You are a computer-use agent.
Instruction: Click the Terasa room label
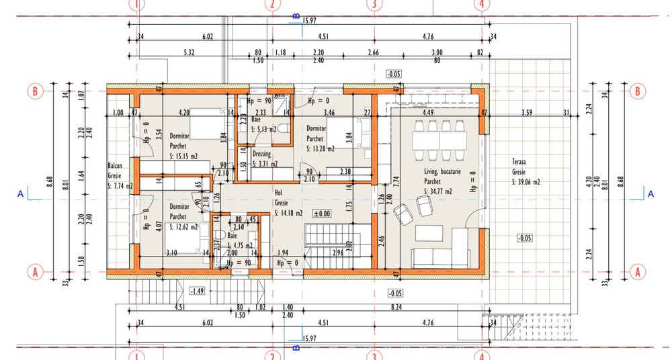(521, 162)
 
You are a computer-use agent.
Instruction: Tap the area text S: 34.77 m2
(437, 190)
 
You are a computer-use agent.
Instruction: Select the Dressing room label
(261, 154)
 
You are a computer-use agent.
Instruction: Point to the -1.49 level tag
(197, 291)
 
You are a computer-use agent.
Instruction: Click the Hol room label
(279, 191)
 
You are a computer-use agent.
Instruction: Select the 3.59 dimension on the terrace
(527, 113)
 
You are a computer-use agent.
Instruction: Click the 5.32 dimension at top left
(188, 52)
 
